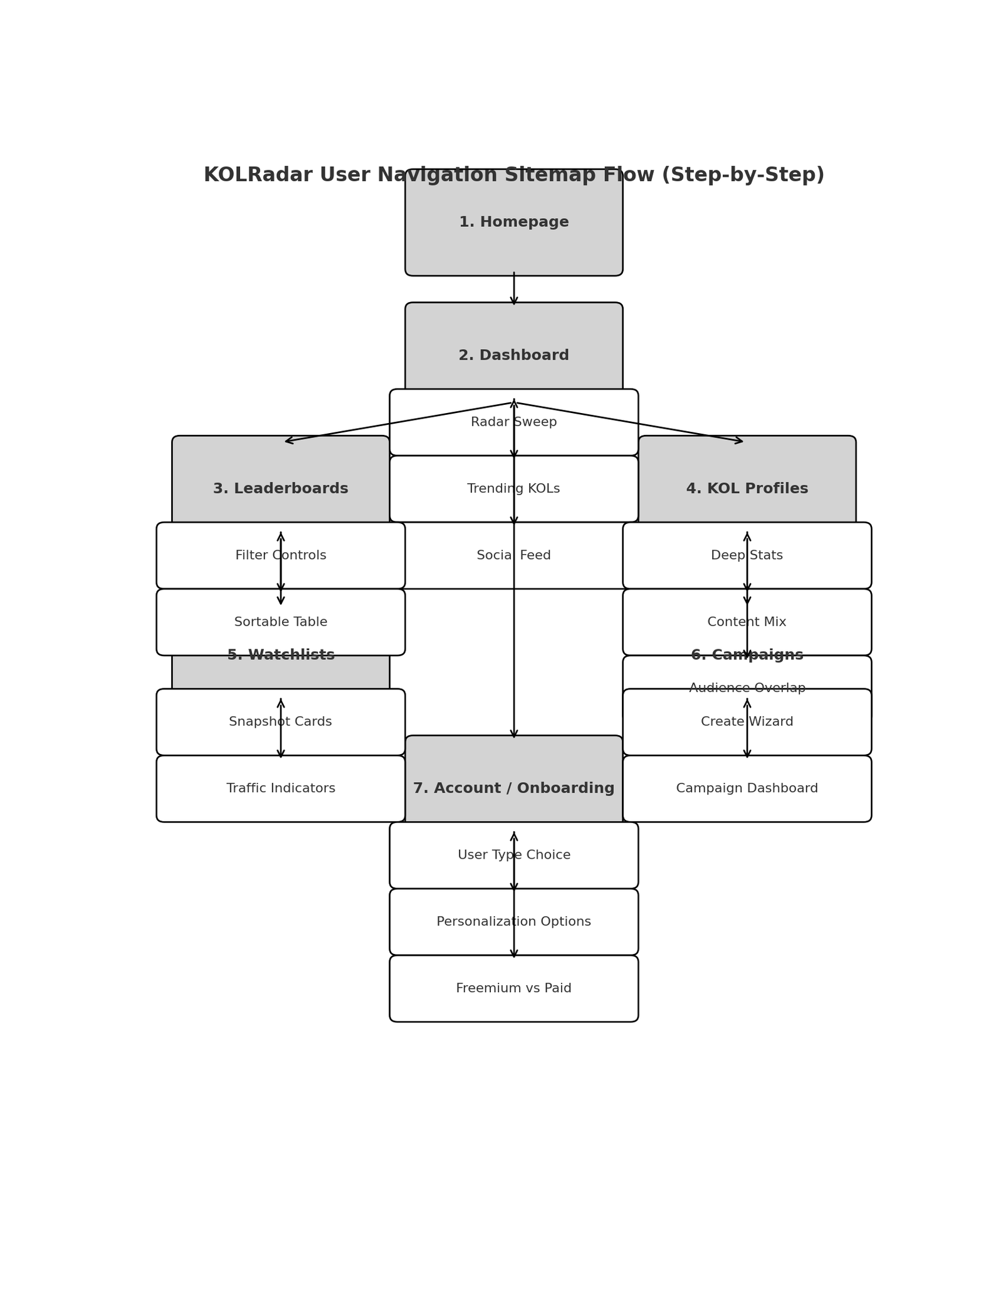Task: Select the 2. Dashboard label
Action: coord(513,355)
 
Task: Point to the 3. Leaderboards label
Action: coord(280,489)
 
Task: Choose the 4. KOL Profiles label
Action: coord(747,489)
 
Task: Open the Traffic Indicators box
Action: coord(280,788)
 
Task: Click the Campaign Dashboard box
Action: coord(747,788)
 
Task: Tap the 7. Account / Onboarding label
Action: coord(513,788)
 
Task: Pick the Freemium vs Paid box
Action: coord(513,988)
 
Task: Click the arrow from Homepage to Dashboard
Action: coord(513,289)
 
